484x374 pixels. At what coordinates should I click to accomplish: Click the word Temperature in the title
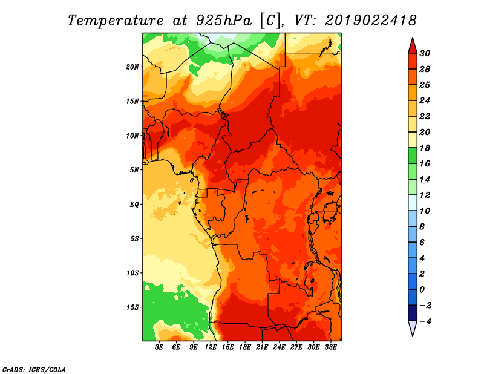(116, 21)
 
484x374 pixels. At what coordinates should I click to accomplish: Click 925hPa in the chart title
(223, 21)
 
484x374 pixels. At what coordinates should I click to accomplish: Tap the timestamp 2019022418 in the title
(371, 21)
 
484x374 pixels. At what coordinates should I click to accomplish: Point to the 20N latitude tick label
(132, 67)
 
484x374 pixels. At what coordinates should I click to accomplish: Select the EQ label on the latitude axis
(134, 205)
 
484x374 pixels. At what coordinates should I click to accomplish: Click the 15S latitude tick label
(132, 307)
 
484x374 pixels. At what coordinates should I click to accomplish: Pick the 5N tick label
(134, 170)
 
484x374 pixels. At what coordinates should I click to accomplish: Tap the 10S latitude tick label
(132, 273)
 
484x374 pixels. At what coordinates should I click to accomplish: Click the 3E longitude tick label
(159, 347)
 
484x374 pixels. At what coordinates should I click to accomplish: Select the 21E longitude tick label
(262, 347)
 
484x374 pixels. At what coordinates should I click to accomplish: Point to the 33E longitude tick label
(330, 347)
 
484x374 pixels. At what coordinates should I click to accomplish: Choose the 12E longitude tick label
(211, 347)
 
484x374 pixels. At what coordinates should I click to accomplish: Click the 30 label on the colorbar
(425, 53)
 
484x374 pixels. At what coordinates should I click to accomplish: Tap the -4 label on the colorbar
(426, 321)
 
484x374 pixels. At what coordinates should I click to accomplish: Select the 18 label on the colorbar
(425, 148)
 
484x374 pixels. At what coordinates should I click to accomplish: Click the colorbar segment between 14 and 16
(413, 171)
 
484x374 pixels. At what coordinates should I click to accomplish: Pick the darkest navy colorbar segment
(413, 313)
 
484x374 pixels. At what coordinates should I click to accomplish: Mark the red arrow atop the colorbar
(413, 46)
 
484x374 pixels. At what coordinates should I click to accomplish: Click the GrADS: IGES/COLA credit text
(34, 370)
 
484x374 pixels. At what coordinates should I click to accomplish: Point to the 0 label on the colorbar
(422, 290)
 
